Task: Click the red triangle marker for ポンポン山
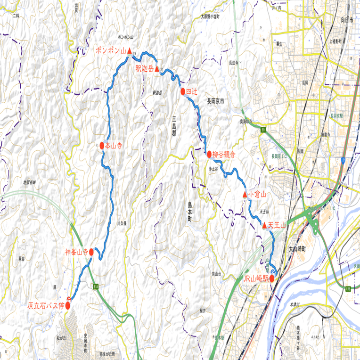(x=129, y=49)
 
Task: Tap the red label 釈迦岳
(x=145, y=69)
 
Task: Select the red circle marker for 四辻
(x=183, y=91)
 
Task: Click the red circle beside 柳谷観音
(x=209, y=154)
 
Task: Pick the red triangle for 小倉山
(x=245, y=195)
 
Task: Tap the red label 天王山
(x=278, y=226)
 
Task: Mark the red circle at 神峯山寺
(x=91, y=253)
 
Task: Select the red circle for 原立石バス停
(x=68, y=305)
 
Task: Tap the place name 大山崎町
(x=297, y=248)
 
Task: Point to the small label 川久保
(x=122, y=223)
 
